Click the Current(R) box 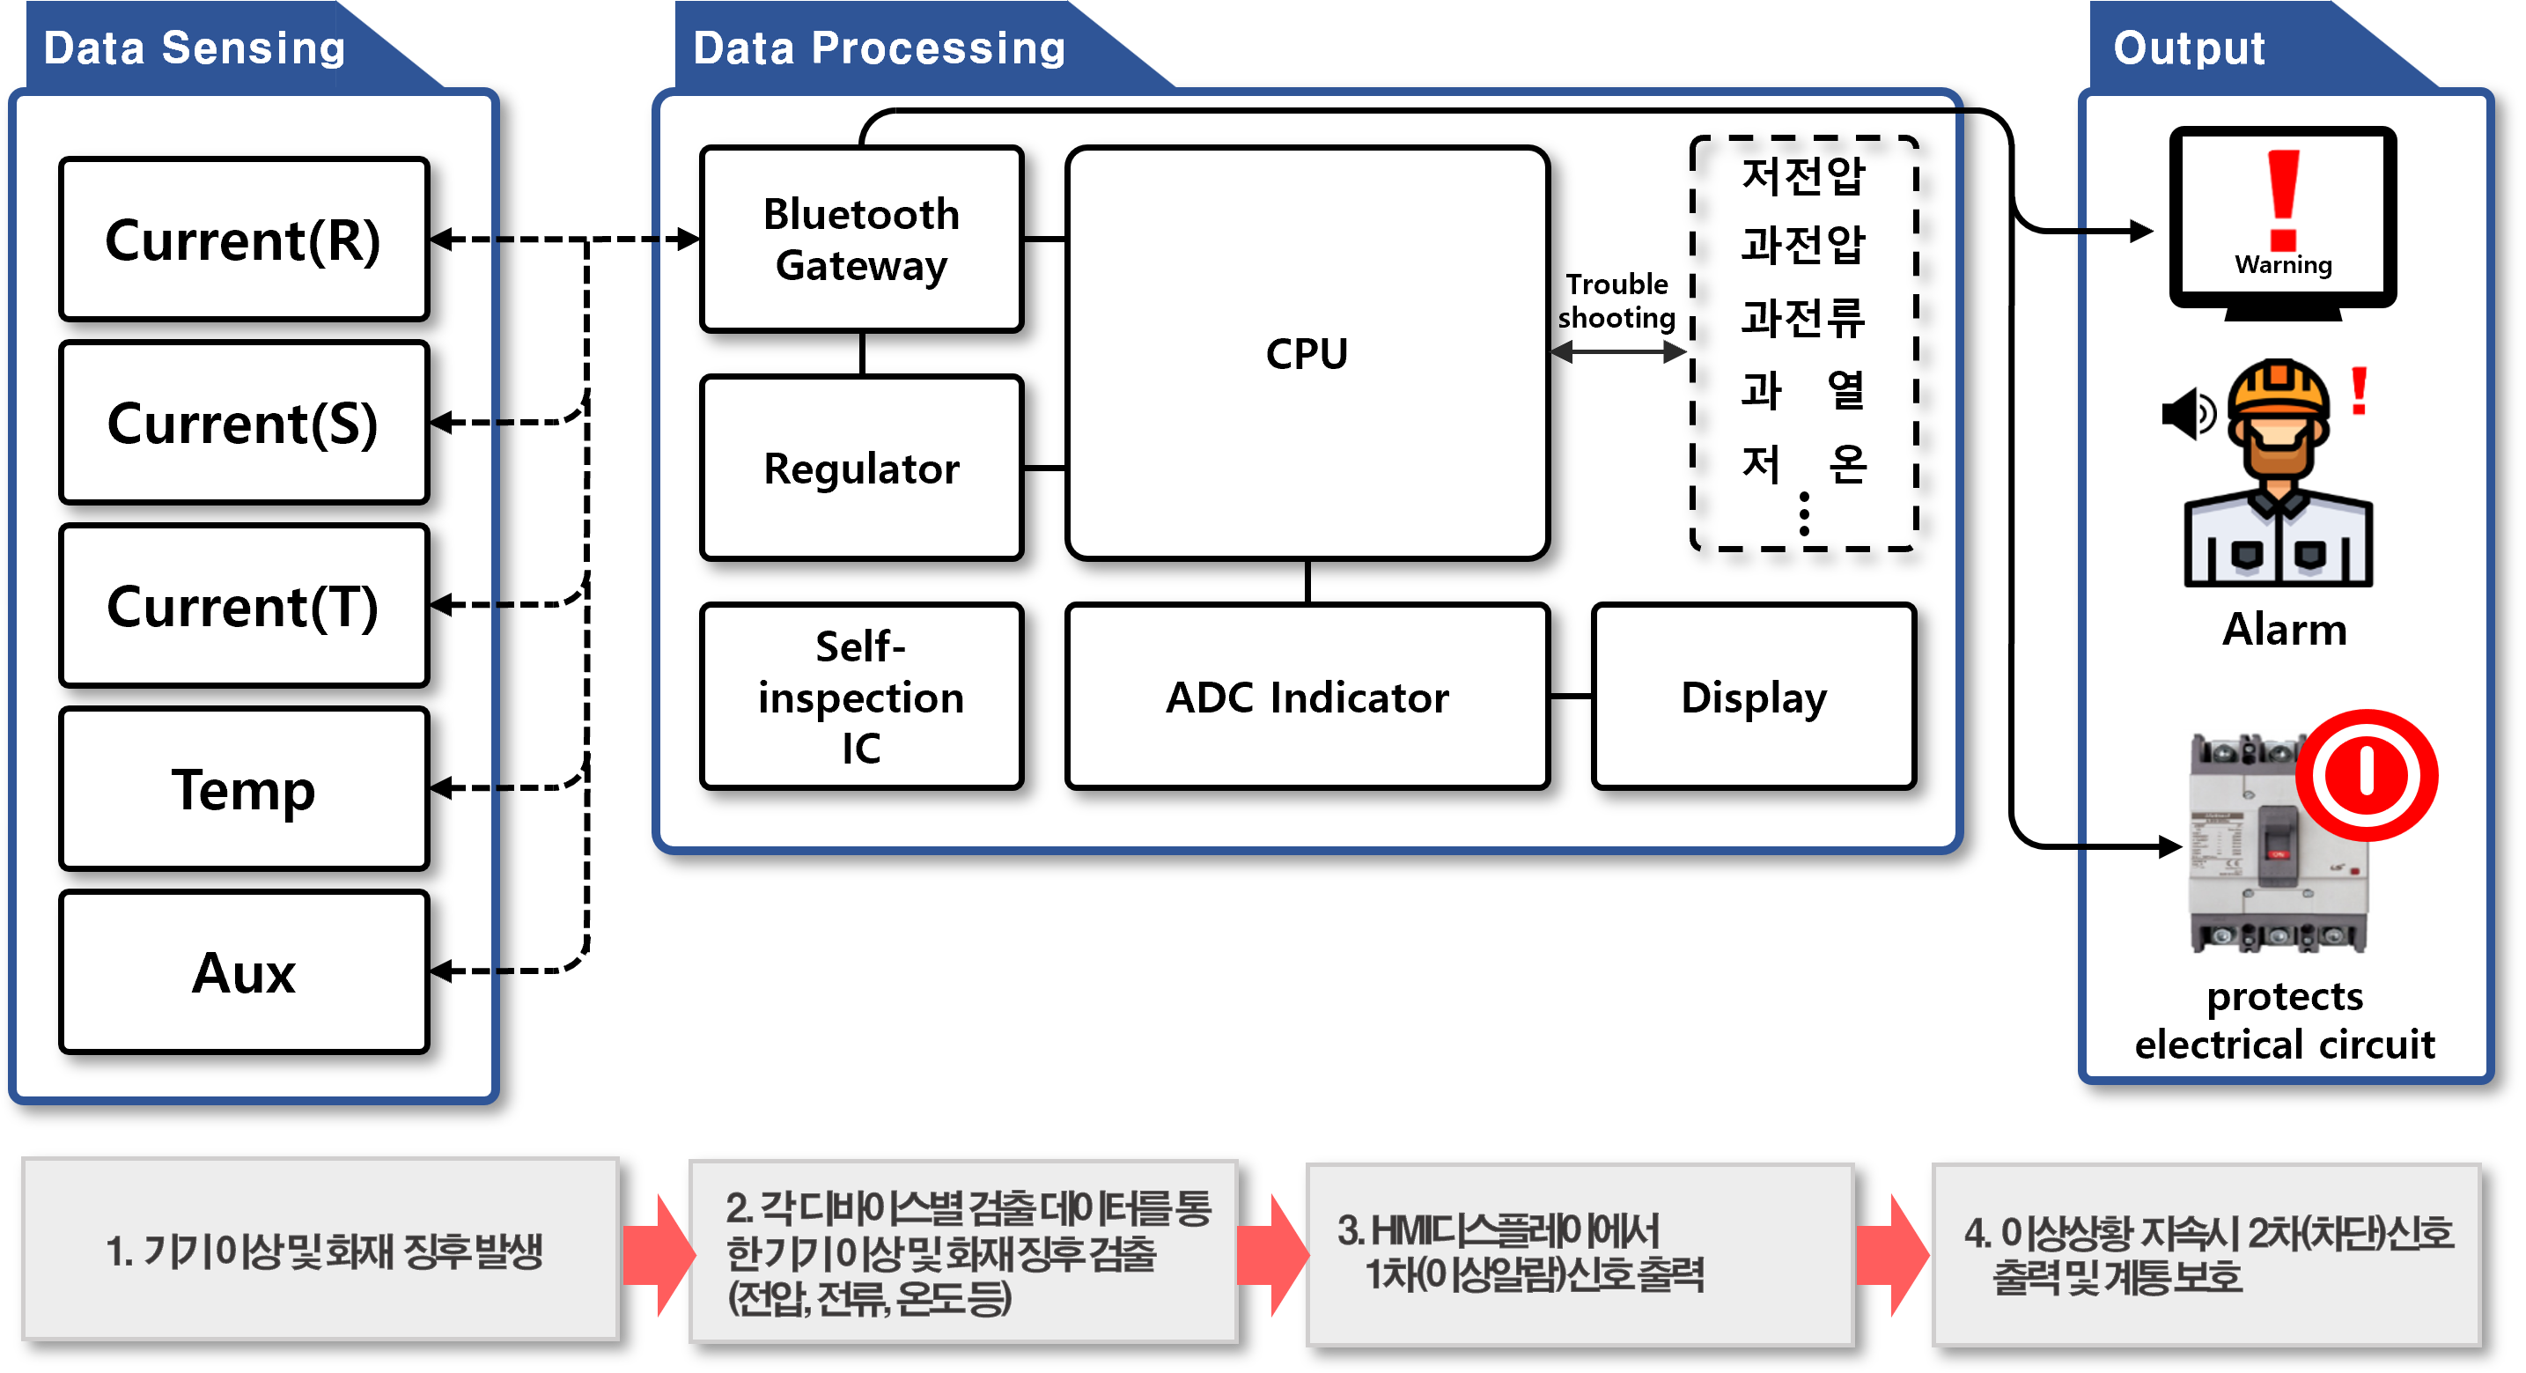(243, 240)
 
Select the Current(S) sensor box (243, 423)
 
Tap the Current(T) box (243, 605)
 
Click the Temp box (243, 788)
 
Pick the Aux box (243, 972)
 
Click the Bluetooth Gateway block (861, 240)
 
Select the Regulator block (861, 468)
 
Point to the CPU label (1307, 353)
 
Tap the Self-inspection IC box (861, 697)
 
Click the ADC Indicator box (1307, 697)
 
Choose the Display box (1753, 697)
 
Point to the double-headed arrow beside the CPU (1618, 352)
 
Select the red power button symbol (2366, 775)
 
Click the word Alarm (2284, 629)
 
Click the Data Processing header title (879, 48)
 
